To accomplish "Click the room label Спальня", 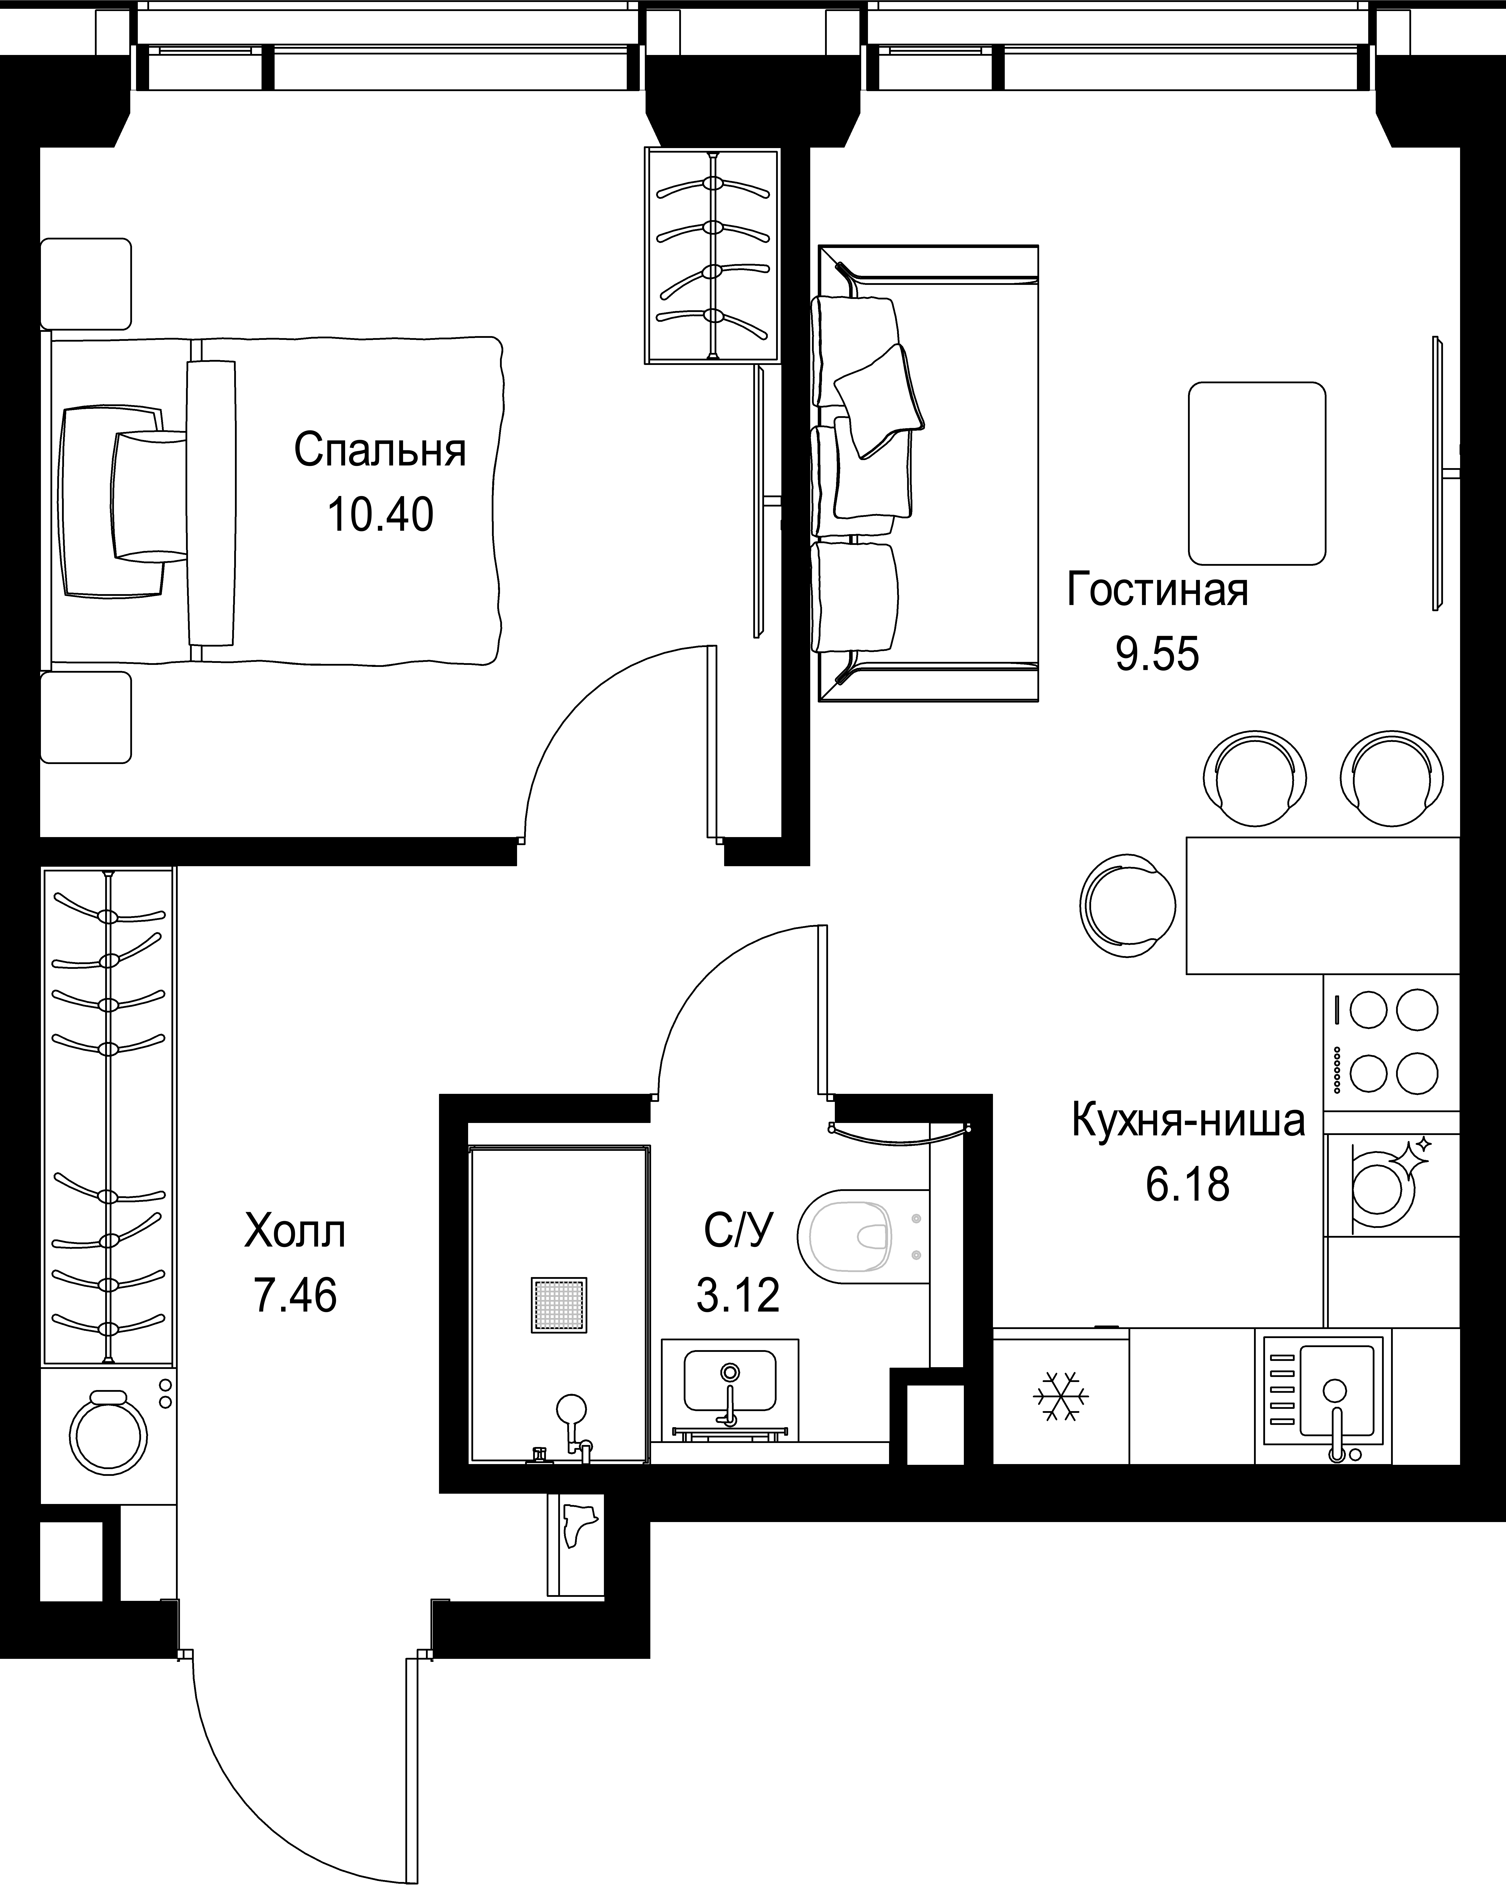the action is click(x=380, y=451).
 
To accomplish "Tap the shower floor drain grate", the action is click(x=558, y=1305).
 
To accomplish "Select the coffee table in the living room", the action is click(x=1257, y=473).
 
